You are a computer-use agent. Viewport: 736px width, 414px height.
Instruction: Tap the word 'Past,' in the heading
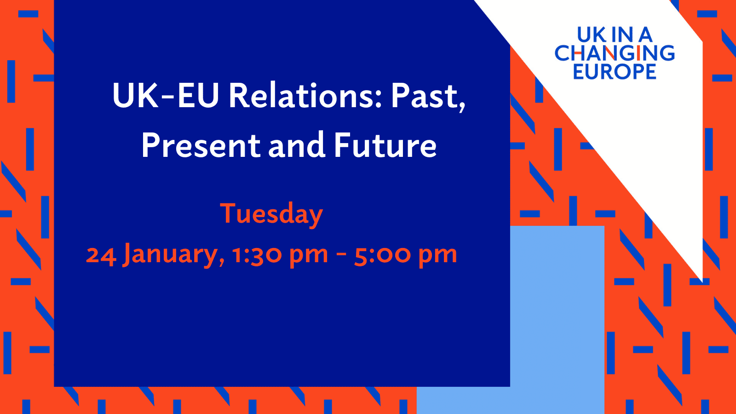point(428,97)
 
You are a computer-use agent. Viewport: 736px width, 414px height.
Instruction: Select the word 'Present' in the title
point(201,145)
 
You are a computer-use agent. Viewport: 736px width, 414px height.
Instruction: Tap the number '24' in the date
point(101,255)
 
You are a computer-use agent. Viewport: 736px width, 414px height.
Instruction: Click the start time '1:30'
point(256,254)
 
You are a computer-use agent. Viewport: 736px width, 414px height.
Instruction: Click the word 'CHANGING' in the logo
point(615,53)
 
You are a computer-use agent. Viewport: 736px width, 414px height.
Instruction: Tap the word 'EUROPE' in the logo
point(615,71)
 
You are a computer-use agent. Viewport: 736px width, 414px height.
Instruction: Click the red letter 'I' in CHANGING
point(638,53)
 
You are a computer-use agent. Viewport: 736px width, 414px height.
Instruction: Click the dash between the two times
point(341,255)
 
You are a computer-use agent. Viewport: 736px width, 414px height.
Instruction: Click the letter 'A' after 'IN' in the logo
point(645,35)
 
